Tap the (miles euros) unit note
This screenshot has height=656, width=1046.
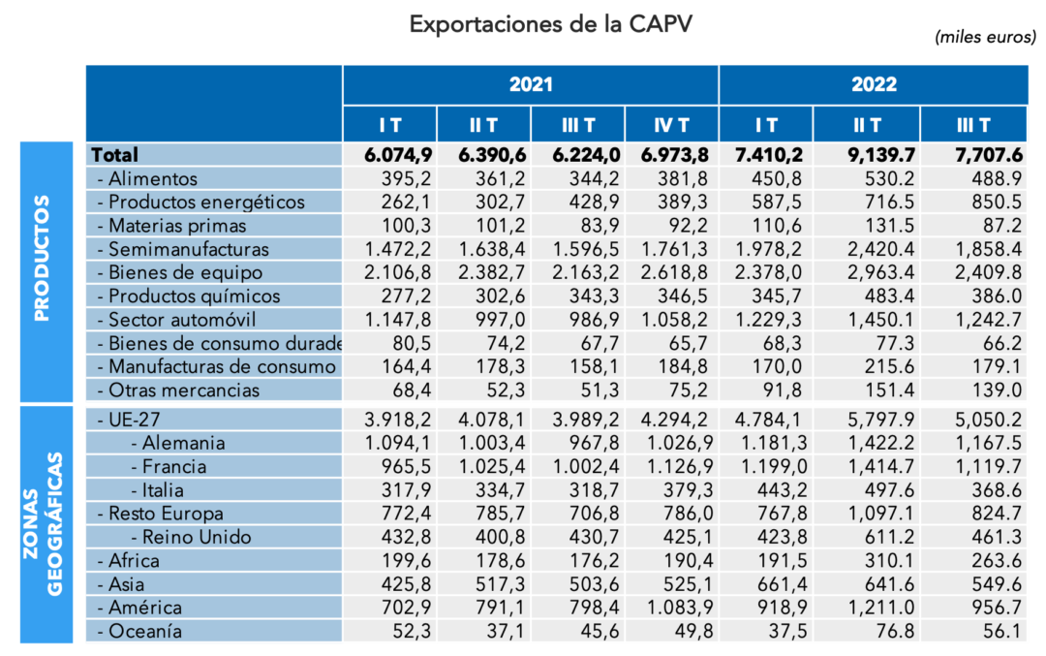[x=985, y=37]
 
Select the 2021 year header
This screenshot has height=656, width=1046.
[x=530, y=84]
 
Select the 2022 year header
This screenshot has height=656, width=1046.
[x=874, y=84]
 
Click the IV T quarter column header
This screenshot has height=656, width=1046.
[x=671, y=125]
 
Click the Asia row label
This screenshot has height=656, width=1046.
[x=126, y=584]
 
